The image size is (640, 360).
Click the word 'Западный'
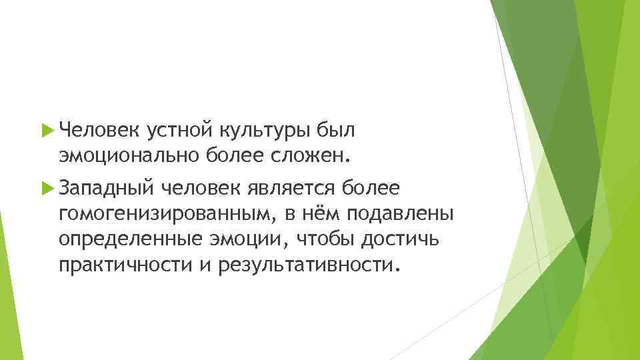tap(103, 189)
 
